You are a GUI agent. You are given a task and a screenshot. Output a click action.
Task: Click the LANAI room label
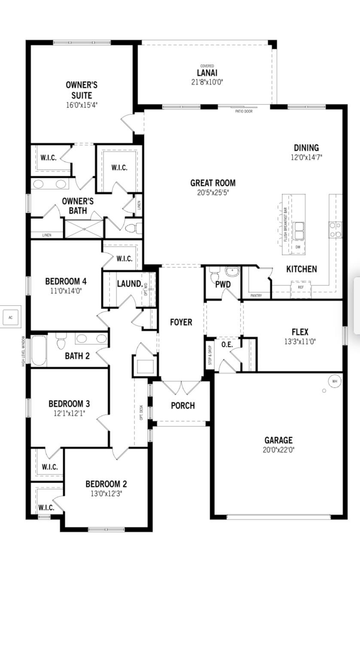207,73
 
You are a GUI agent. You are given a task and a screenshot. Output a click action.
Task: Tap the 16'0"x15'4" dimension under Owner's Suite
85,104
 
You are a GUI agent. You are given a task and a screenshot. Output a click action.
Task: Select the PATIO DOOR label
244,111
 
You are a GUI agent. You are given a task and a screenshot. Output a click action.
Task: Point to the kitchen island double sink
299,231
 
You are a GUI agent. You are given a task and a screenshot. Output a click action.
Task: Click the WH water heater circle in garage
335,381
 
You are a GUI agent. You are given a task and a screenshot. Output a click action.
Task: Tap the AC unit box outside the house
11,318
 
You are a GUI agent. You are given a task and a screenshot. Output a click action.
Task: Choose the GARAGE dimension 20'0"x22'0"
278,450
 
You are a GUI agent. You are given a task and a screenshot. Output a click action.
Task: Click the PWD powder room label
223,285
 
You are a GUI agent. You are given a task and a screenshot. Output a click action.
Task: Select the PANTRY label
256,296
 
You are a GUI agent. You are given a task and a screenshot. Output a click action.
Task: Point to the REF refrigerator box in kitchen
301,287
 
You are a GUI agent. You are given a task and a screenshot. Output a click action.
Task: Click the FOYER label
181,322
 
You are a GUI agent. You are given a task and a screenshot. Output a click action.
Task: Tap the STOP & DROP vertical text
210,355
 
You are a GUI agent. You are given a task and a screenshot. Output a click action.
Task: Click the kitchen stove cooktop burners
336,230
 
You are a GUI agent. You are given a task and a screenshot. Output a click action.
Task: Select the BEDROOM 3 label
69,404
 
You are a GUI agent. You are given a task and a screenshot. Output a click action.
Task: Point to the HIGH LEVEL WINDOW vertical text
24,351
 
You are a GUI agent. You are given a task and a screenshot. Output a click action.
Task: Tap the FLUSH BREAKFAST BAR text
285,225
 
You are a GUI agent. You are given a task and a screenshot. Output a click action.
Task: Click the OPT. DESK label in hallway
142,412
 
